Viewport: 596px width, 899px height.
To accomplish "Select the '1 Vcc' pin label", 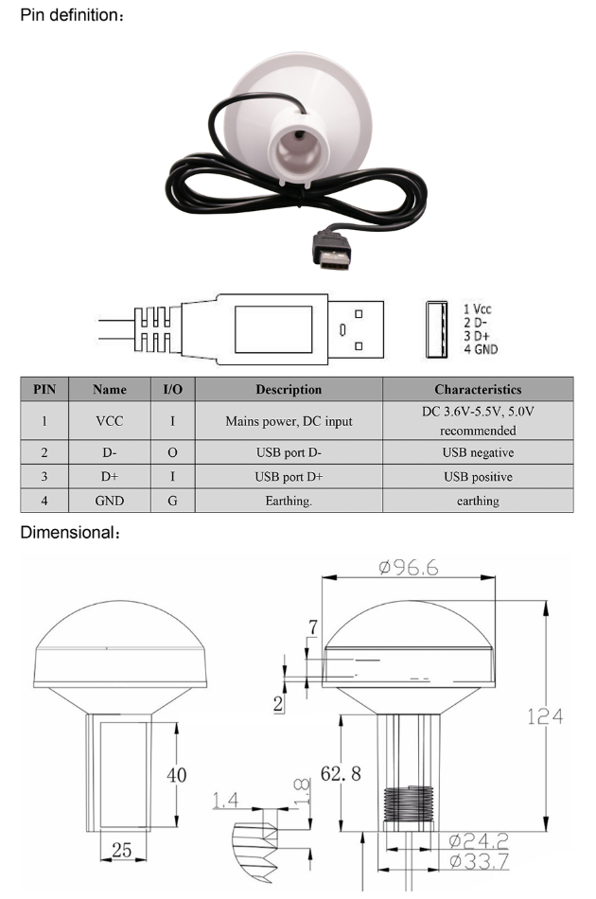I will click(477, 309).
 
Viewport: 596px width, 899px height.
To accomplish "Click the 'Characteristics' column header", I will click(477, 389).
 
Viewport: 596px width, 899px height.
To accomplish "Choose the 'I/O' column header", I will click(172, 389).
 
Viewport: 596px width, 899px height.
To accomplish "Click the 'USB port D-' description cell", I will click(289, 452).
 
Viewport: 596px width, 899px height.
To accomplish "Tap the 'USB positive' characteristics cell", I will click(477, 477).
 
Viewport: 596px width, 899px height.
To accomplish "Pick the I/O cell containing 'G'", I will click(172, 501).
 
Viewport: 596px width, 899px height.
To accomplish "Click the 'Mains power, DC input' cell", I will click(289, 421).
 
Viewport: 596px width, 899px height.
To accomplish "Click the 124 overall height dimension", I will click(545, 716).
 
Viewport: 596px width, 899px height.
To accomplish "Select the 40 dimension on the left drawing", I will click(176, 775).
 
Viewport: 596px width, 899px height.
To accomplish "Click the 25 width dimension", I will click(122, 851).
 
